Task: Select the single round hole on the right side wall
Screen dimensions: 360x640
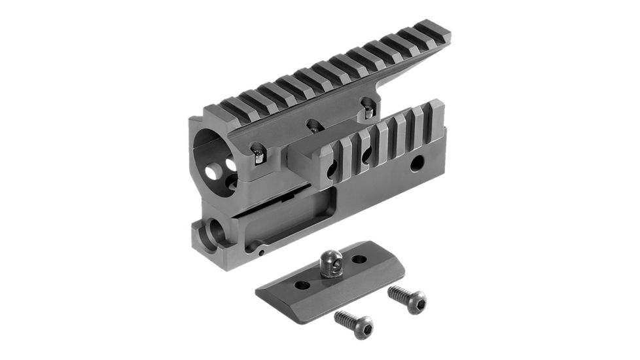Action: click(416, 164)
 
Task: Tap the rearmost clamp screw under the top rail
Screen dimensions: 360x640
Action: click(368, 111)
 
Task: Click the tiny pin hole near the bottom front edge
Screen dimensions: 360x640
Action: click(260, 251)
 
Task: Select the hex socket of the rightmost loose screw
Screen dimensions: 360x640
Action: click(416, 302)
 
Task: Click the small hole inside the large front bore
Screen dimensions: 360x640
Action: click(213, 171)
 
